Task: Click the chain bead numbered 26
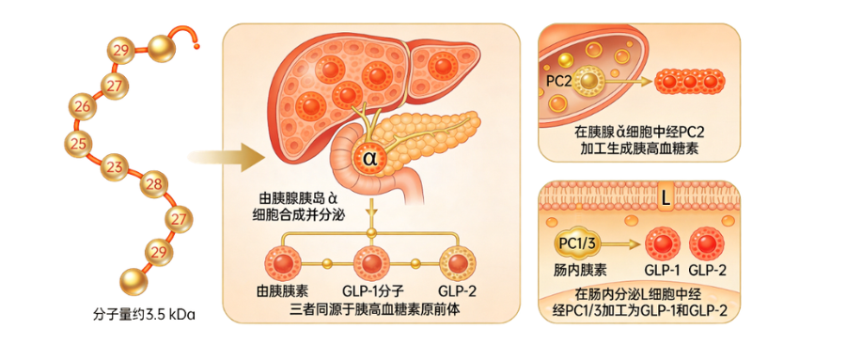coord(84,106)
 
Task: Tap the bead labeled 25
coord(78,143)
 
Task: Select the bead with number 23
coord(116,167)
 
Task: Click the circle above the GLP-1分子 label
coord(371,260)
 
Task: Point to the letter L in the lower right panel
coord(665,198)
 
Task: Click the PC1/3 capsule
coord(576,244)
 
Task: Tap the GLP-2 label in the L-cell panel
coord(708,270)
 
